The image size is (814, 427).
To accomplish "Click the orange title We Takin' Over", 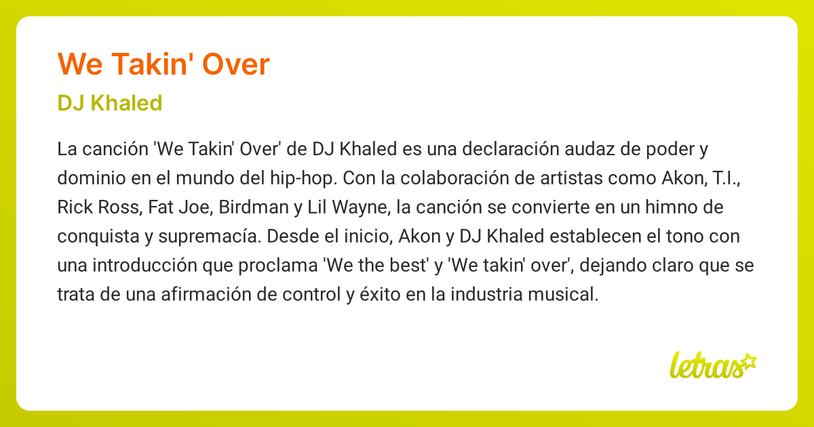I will click(x=164, y=64).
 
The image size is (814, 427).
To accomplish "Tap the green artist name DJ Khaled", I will click(x=110, y=103).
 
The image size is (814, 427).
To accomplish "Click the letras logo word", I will click(x=703, y=366).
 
